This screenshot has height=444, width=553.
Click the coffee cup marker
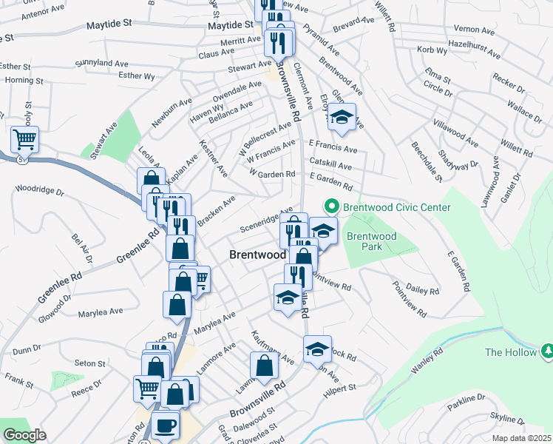165,426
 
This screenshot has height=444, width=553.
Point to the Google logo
24,435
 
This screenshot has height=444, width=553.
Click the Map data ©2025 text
519,438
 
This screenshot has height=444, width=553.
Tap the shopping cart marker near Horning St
24,138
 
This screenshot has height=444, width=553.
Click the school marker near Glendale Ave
342,117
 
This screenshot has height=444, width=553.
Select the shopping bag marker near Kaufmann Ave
264,365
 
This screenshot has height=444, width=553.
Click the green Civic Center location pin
332,207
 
